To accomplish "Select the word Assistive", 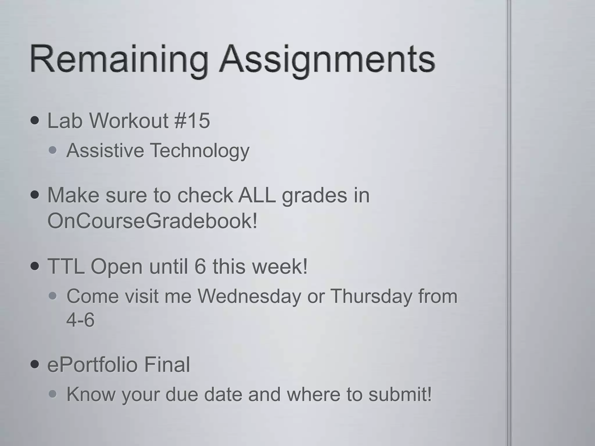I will pyautogui.click(x=105, y=150).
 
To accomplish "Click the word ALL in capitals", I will pyautogui.click(x=257, y=195).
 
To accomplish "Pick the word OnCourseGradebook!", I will pyautogui.click(x=152, y=221).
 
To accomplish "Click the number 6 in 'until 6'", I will pyautogui.click(x=200, y=266).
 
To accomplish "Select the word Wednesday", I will pyautogui.click(x=249, y=296).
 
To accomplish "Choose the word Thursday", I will pyautogui.click(x=371, y=296).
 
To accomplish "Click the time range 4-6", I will pyautogui.click(x=80, y=320).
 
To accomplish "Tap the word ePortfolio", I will pyautogui.click(x=92, y=365).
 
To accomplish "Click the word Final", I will pyautogui.click(x=167, y=364).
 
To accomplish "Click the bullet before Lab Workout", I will pyautogui.click(x=35, y=121).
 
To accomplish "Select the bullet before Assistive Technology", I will pyautogui.click(x=53, y=151).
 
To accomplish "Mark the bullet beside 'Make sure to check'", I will pyautogui.click(x=35, y=195).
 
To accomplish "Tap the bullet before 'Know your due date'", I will pyautogui.click(x=53, y=394).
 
